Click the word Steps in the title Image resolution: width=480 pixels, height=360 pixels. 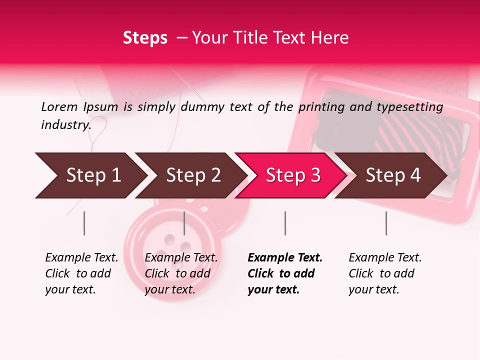[x=145, y=37]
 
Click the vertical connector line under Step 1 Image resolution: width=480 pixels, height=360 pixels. [x=84, y=223]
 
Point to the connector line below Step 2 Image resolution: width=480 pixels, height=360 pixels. [x=184, y=223]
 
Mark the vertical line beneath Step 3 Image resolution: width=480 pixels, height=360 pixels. [x=285, y=223]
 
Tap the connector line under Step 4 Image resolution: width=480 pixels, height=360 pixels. [x=386, y=223]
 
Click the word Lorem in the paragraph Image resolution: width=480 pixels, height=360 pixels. [x=59, y=106]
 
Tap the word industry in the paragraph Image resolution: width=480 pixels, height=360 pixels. [x=65, y=124]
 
